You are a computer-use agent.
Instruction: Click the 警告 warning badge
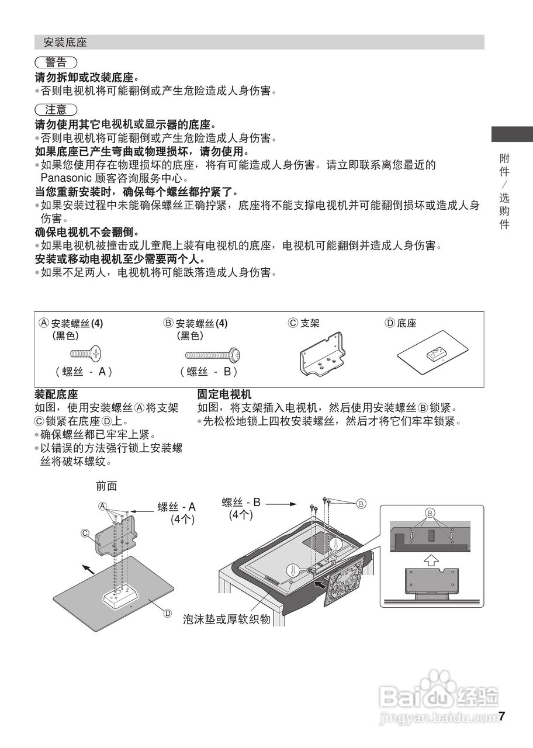point(56,63)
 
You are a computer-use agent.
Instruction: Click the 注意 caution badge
point(56,110)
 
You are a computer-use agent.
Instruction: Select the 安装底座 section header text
point(65,43)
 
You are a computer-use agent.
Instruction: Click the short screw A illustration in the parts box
point(85,354)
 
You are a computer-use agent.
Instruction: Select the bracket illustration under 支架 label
point(320,354)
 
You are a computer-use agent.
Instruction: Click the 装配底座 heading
point(57,394)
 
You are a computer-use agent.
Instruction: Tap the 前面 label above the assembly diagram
point(106,486)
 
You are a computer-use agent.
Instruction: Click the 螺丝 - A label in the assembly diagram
point(176,507)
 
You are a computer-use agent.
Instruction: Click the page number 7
point(501,716)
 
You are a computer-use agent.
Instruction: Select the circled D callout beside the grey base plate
point(168,613)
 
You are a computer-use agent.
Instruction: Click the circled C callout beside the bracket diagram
point(85,533)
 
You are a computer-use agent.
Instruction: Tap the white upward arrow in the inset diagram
point(430,559)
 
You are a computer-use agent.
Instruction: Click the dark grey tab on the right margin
point(511,134)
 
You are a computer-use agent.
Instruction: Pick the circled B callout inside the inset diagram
point(431,513)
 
